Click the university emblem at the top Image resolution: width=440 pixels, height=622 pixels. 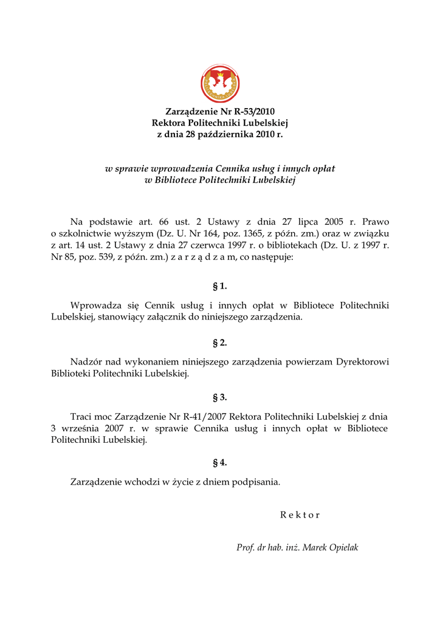220,84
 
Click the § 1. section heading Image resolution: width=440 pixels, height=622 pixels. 219,285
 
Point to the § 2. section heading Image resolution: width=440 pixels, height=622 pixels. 219,343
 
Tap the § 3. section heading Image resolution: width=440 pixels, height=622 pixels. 219,397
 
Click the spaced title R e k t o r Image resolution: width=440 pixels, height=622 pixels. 300,515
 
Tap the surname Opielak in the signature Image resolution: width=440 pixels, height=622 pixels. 344,548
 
